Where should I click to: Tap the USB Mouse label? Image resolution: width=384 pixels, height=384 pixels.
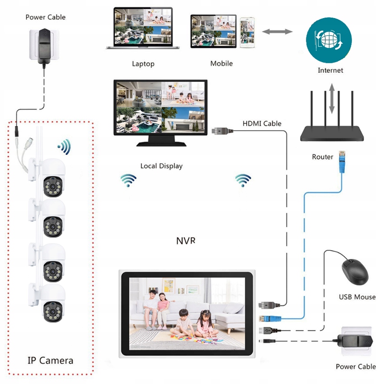(x=357, y=297)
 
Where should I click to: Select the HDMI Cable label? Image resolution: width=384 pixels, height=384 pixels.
(x=262, y=123)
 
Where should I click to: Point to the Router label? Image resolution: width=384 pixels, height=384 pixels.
(x=323, y=157)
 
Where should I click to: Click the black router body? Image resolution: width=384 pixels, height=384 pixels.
(x=332, y=132)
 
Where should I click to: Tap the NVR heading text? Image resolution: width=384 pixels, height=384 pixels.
(x=186, y=240)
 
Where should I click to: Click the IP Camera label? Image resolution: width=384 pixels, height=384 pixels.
(x=50, y=360)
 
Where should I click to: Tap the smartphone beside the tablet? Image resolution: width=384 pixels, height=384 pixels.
(x=247, y=33)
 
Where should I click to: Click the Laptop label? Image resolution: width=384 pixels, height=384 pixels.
(x=143, y=64)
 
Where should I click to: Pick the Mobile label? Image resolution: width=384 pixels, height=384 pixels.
(x=221, y=63)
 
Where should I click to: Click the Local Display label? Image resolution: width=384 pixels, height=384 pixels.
(x=161, y=166)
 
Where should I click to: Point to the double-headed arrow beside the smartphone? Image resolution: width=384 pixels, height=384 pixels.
(x=277, y=32)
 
